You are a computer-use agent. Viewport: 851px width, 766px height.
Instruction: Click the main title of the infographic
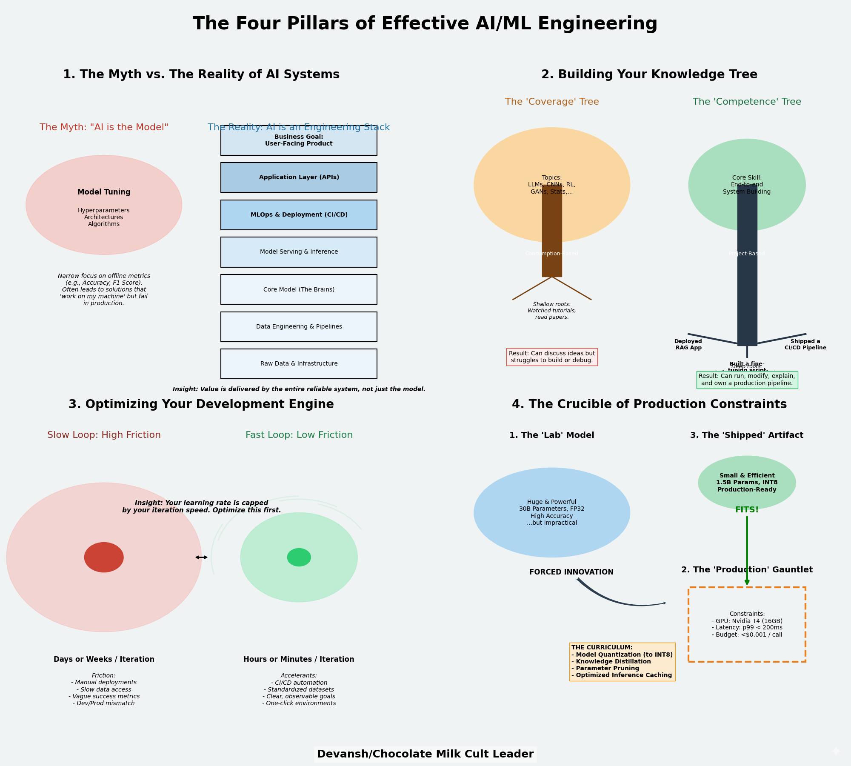pos(425,24)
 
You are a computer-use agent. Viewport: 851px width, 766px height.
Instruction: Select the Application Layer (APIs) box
pos(299,177)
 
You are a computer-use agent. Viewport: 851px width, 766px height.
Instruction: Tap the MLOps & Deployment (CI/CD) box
pos(299,215)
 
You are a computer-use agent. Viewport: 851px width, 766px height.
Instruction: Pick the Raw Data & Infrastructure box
pos(299,364)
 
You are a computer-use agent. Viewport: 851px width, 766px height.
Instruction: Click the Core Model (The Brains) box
pos(299,289)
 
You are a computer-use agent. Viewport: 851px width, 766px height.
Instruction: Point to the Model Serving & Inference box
pos(299,252)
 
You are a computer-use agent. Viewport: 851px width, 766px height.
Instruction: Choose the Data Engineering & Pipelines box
pos(299,327)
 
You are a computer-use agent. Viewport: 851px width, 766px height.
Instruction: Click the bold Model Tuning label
pos(104,192)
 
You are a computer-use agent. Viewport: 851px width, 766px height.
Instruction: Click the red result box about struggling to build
pos(552,357)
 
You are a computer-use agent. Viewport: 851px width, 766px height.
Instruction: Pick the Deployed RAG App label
pos(688,345)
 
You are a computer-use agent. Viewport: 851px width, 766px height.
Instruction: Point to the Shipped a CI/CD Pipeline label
pos(805,345)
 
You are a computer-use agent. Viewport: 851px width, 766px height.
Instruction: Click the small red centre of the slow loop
pos(104,557)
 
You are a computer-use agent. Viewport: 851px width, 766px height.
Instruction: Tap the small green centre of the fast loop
pos(299,557)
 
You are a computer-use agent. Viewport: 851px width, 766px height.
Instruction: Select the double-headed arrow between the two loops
pos(201,557)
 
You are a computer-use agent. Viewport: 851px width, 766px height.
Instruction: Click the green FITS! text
pos(747,510)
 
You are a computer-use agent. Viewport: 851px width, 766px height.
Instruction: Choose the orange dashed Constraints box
pos(747,624)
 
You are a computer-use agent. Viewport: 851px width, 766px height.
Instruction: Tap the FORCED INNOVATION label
pos(571,572)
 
